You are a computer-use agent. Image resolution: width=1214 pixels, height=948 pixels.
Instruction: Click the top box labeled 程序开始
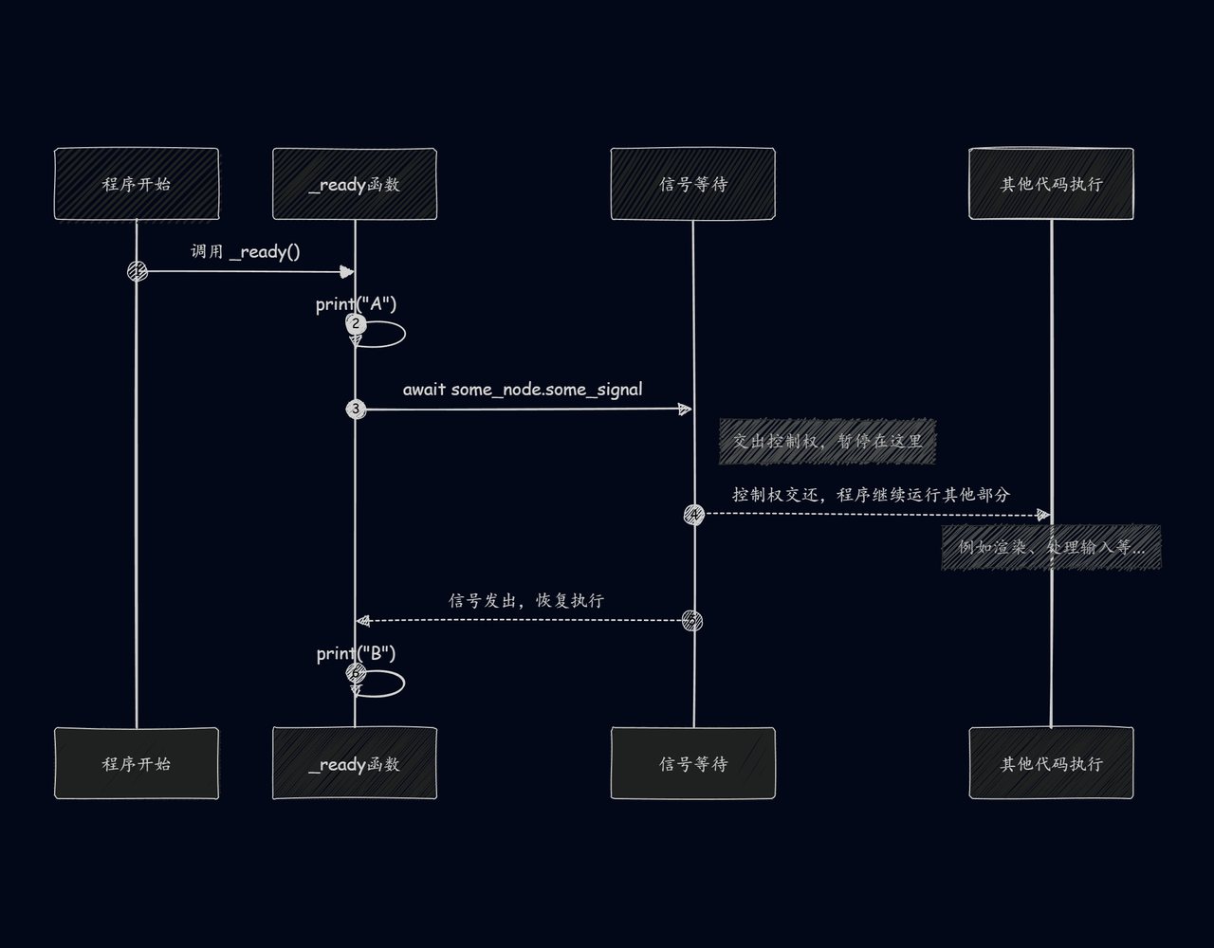(137, 184)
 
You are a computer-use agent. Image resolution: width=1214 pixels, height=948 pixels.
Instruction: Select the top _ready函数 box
(355, 184)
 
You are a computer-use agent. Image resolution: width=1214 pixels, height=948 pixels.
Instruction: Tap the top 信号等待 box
(693, 184)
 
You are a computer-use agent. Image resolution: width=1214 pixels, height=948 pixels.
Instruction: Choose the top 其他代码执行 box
(1051, 184)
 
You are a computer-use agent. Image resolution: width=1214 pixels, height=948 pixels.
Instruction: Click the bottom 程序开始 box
(137, 763)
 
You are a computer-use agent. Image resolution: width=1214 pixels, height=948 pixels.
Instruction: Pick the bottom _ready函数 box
(355, 763)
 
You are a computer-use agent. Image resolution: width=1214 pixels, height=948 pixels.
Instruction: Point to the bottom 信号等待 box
(693, 763)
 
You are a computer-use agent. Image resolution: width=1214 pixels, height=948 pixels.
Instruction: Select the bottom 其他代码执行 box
(1051, 763)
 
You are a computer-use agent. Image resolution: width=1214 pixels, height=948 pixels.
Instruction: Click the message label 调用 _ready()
(246, 251)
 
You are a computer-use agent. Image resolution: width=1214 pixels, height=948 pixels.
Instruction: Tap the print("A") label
(356, 304)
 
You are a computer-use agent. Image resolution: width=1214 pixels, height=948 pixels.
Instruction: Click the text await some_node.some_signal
(523, 390)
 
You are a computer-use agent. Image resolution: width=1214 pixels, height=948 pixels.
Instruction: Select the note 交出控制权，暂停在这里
(827, 442)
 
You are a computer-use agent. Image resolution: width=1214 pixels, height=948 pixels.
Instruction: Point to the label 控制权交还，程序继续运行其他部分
(871, 495)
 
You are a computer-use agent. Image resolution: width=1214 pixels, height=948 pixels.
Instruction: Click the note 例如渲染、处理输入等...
(1051, 547)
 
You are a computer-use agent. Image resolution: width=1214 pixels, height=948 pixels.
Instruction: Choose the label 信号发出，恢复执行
(526, 600)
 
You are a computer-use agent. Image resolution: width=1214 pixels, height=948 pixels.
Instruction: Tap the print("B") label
(356, 654)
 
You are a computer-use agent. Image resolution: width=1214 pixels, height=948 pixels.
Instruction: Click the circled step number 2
(356, 324)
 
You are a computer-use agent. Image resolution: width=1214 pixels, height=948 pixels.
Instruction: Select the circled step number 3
(356, 410)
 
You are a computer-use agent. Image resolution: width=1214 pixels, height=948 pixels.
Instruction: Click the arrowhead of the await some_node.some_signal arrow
(685, 410)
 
